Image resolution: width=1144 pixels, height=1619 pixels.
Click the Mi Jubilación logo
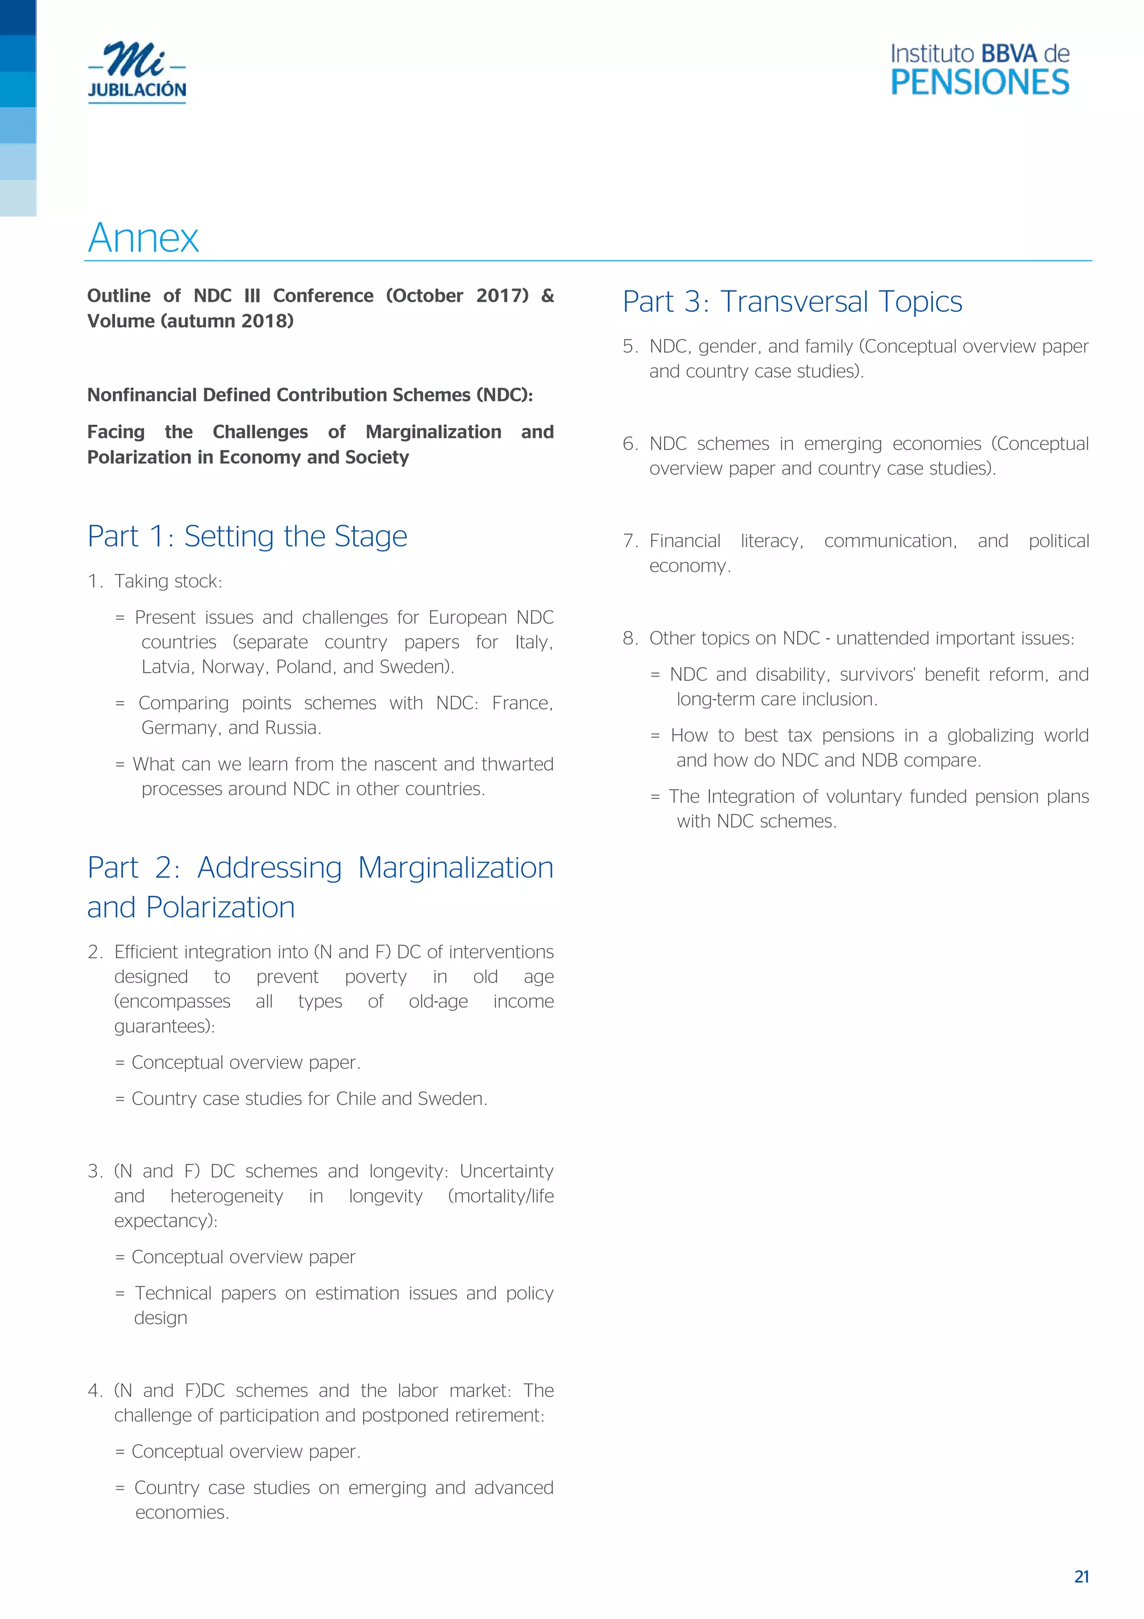click(x=137, y=72)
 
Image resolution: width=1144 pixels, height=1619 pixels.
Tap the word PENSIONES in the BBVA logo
click(x=979, y=83)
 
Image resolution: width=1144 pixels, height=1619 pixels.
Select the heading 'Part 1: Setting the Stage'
click(x=247, y=536)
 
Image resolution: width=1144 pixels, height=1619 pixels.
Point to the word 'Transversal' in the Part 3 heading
click(x=794, y=302)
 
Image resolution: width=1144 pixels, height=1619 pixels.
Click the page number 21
click(x=1081, y=1577)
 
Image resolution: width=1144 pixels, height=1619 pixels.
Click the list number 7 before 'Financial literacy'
click(x=629, y=541)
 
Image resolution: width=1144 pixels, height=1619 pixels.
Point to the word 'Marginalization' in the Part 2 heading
click(x=455, y=867)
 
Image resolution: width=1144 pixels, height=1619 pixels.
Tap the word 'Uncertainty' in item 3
click(x=506, y=1171)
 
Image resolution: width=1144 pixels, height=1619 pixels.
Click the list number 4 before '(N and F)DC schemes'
click(x=94, y=1390)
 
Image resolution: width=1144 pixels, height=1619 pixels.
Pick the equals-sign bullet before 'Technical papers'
click(x=120, y=1293)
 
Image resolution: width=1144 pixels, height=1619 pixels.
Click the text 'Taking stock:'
click(x=168, y=581)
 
